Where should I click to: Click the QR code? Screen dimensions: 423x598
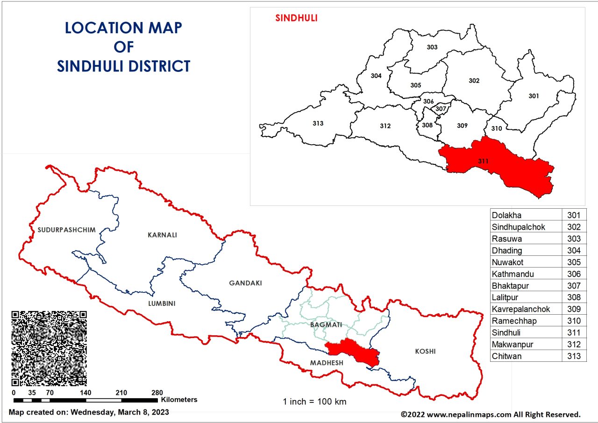pyautogui.click(x=49, y=348)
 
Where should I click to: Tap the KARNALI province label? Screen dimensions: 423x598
pyautogui.click(x=162, y=235)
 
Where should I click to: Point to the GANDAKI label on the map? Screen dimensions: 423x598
pyautogui.click(x=245, y=283)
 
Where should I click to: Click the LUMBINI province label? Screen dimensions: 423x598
pyautogui.click(x=162, y=303)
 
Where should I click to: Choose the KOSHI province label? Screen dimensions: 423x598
pyautogui.click(x=425, y=351)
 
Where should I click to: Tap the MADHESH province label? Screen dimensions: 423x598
pyautogui.click(x=326, y=363)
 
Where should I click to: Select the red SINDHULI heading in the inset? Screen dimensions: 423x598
pyautogui.click(x=296, y=18)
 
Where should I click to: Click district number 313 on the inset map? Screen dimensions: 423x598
pyautogui.click(x=318, y=123)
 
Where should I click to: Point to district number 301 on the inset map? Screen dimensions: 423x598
pyautogui.click(x=534, y=96)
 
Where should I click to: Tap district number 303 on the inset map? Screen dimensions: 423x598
pyautogui.click(x=432, y=47)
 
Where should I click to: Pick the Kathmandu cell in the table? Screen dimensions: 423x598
pyautogui.click(x=513, y=274)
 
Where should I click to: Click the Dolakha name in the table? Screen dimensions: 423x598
pyautogui.click(x=506, y=215)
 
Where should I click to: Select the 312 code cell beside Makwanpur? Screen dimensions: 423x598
pyautogui.click(x=574, y=345)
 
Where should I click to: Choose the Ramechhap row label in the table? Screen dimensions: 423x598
pyautogui.click(x=514, y=321)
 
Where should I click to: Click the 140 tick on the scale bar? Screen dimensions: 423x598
pyautogui.click(x=85, y=393)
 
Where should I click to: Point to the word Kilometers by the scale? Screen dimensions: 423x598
pyautogui.click(x=179, y=400)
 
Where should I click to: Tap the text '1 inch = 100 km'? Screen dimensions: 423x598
pyautogui.click(x=314, y=402)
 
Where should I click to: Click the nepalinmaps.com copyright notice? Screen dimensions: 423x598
pyautogui.click(x=491, y=414)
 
